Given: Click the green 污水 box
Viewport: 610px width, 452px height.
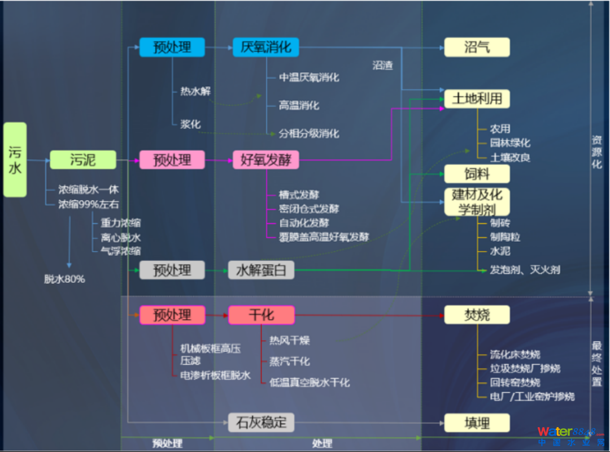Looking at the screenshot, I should point(15,160).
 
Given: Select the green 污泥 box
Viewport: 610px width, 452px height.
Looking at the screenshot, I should point(82,160).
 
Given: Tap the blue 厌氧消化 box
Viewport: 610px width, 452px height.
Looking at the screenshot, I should point(265,47).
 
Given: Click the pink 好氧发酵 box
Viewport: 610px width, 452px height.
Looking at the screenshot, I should point(265,160).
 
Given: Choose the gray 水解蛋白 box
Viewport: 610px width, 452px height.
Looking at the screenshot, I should point(261,270).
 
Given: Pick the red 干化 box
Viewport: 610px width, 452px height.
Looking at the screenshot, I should point(261,315).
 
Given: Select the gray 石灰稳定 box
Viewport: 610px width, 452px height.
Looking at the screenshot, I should point(261,422).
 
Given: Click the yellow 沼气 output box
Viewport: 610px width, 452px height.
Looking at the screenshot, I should point(477,47).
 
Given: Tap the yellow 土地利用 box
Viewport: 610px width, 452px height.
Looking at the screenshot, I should point(477,99).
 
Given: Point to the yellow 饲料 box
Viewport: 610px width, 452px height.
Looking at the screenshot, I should point(477,174).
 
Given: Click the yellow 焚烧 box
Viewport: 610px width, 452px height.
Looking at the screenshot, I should point(477,315).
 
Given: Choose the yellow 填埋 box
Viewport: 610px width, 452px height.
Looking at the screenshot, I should point(477,423).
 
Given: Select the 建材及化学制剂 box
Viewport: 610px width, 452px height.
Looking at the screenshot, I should point(477,202).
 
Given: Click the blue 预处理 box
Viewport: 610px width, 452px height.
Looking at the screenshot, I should point(172,47).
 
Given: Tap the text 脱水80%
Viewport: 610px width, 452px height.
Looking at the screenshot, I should point(65,279).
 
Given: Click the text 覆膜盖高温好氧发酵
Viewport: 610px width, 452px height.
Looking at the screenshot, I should point(324,237).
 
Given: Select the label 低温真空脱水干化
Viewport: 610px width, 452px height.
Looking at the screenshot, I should point(310,382).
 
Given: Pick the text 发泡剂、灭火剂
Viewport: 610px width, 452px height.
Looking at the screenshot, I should point(525,270).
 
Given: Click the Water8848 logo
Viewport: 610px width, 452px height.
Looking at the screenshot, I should point(570,436).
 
